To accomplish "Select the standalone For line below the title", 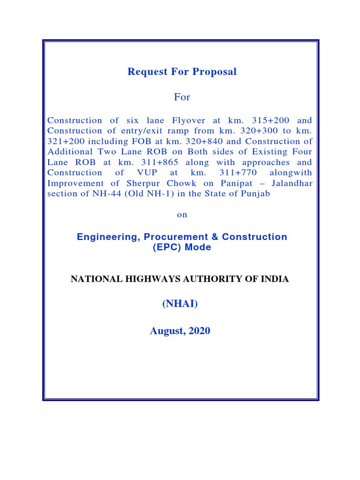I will coord(182,97).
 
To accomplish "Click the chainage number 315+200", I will coord(265,120).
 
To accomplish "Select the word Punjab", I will coord(255,193).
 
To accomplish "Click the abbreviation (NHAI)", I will coord(180,305).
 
